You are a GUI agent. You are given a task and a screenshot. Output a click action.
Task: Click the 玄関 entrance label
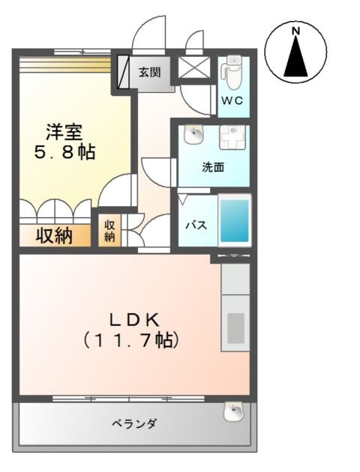click(150, 73)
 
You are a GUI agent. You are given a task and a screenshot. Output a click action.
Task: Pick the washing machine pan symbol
click(233, 139)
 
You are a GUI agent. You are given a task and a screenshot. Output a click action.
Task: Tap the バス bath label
click(196, 226)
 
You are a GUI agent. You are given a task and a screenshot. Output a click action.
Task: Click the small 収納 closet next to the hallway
click(109, 231)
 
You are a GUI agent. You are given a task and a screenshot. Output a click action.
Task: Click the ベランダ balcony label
click(135, 425)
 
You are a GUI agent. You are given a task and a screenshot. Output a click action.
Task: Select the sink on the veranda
click(235, 411)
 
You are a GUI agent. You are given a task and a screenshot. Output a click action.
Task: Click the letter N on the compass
click(295, 31)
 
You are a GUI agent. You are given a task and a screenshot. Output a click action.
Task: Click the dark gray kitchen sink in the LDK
click(236, 327)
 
